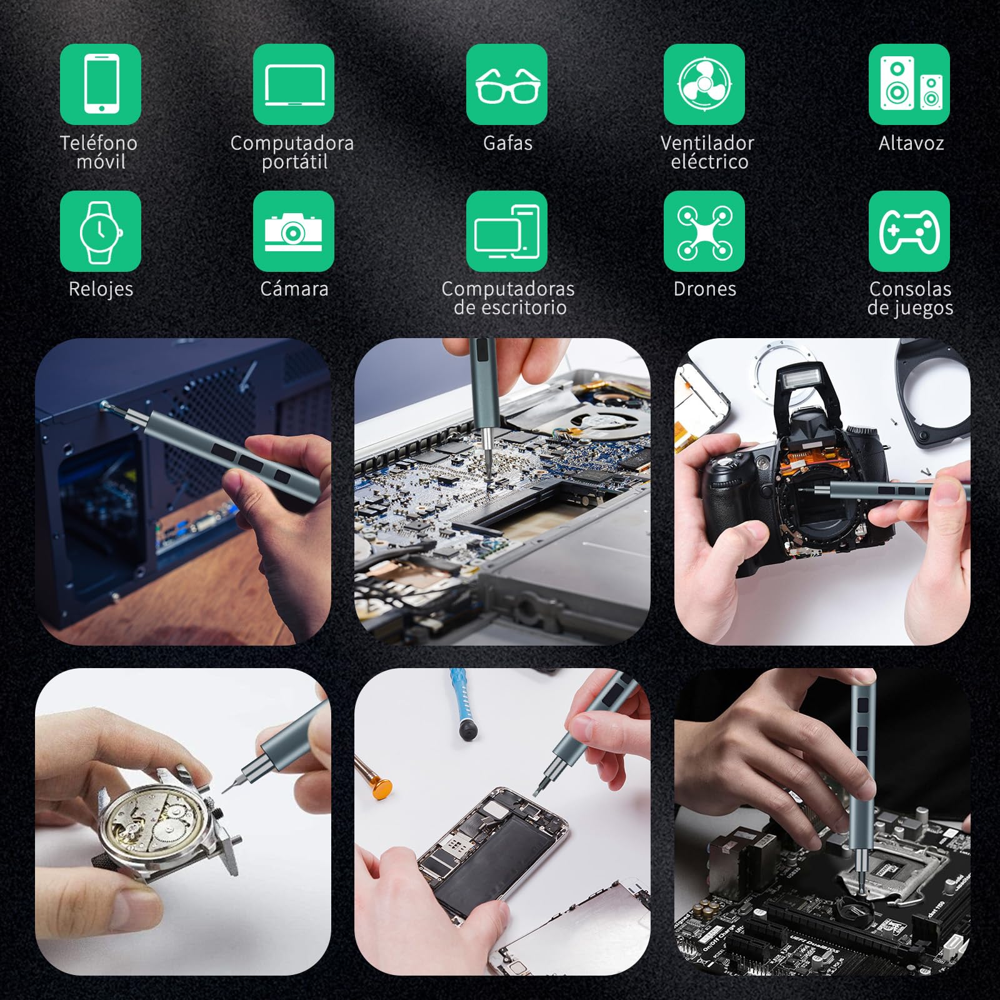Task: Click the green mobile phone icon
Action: [x=101, y=84]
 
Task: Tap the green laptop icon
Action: [x=294, y=84]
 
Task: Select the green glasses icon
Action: [x=507, y=84]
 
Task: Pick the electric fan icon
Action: [x=704, y=84]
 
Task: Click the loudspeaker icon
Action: [x=909, y=84]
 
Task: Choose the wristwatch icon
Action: [x=101, y=231]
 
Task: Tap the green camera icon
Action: [x=294, y=231]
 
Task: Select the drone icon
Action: [x=704, y=231]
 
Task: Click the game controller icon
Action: [x=909, y=231]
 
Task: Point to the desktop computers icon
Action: [x=507, y=231]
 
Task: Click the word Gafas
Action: [x=507, y=143]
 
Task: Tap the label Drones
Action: [x=705, y=289]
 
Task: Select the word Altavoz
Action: [x=911, y=143]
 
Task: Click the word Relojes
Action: [x=101, y=289]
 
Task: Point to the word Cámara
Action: [x=294, y=289]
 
